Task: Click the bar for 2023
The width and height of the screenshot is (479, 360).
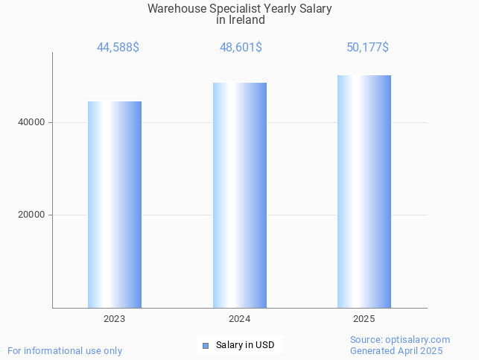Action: click(115, 204)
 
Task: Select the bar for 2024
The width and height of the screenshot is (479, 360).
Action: click(239, 195)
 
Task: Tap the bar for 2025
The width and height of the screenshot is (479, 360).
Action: click(364, 192)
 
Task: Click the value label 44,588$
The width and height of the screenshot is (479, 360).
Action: click(118, 48)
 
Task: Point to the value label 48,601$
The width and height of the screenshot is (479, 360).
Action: click(241, 48)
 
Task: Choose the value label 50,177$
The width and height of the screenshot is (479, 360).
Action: click(367, 48)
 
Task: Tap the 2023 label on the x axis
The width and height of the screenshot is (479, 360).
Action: click(115, 318)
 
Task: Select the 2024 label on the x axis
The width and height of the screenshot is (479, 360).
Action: click(239, 318)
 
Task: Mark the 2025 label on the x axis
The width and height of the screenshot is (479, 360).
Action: click(364, 318)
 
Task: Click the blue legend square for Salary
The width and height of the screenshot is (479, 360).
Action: click(206, 345)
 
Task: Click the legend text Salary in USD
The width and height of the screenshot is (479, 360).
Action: click(245, 345)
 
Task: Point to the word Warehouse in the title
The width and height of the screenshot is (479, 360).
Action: click(176, 9)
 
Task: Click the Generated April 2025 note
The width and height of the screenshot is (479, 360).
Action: click(396, 351)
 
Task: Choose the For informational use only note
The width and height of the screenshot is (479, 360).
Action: click(65, 350)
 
